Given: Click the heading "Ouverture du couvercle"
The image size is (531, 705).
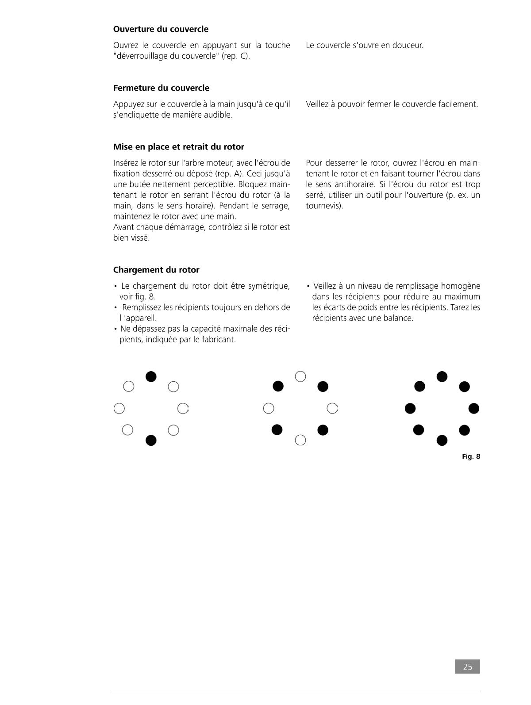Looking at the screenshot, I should tap(161, 29).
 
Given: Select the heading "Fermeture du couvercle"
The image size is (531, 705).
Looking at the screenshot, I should tap(161, 88).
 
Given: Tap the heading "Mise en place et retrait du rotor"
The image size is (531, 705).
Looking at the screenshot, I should tap(178, 147).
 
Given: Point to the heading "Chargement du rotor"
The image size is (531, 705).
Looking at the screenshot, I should tap(156, 270).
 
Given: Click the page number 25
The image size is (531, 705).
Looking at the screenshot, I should tap(467, 667).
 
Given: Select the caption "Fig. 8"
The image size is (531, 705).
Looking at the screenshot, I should tap(471, 456).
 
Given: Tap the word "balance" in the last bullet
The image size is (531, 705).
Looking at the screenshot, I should tap(397, 318).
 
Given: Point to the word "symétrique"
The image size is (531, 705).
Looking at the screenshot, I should tap(269, 286).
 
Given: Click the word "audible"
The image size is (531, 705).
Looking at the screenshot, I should tap(218, 115).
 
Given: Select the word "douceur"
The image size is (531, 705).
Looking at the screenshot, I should tap(407, 45).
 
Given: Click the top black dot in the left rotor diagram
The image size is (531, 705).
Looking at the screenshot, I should tap(151, 376).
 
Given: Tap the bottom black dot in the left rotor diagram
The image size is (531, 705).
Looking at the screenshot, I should tap(151, 440).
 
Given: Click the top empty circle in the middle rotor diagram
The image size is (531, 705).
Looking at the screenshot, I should tap(300, 376).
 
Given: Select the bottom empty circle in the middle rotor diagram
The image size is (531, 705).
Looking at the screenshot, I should tap(300, 440).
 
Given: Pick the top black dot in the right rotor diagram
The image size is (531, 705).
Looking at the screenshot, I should tap(442, 376).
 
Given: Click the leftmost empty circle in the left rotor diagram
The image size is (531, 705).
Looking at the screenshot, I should tap(119, 408).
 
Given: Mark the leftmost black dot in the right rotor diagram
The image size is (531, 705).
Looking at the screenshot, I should tap(410, 408).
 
